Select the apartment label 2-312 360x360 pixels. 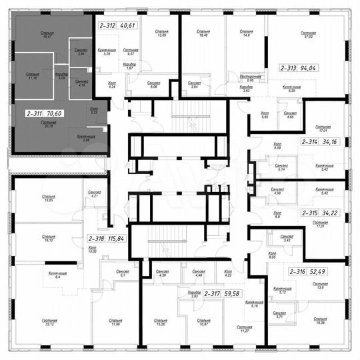tap(107, 25)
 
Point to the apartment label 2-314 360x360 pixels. tap(309, 141)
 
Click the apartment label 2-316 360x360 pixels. tap(297, 272)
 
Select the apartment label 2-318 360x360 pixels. tap(97, 237)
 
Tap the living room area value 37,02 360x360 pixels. tap(325, 37)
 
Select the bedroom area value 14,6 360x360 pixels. tap(247, 37)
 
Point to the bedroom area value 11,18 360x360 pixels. tap(32, 78)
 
